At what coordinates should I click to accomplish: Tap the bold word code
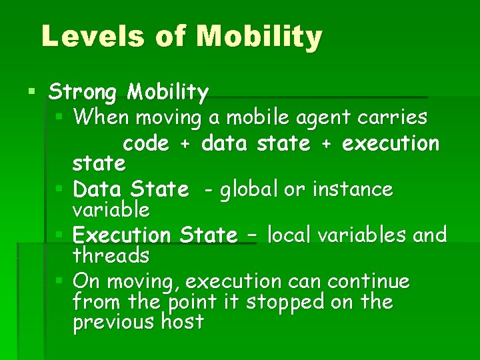pos(146,143)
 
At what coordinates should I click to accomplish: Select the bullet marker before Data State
pos(59,189)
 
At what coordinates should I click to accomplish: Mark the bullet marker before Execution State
pos(59,235)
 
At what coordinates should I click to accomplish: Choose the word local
pos(291,235)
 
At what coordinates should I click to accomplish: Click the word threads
pos(111,255)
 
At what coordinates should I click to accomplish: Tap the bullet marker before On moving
pos(59,281)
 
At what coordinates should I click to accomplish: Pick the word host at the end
pos(182,323)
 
